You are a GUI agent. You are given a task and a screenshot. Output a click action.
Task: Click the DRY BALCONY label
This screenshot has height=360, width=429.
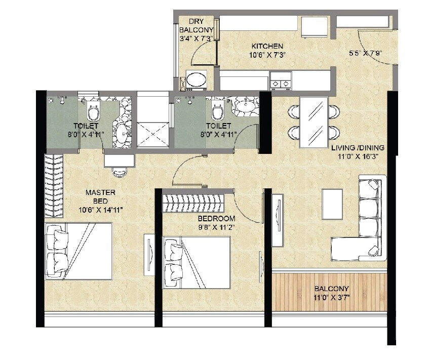coord(196,26)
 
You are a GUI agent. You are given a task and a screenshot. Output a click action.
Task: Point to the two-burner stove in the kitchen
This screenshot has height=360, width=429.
coord(281,79)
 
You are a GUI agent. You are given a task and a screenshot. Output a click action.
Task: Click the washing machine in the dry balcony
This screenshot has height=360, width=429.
coord(196,79)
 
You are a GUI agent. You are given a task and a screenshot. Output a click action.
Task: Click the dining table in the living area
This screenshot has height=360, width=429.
coord(314,122)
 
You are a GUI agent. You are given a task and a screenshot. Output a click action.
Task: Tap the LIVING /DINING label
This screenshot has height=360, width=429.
coord(358,148)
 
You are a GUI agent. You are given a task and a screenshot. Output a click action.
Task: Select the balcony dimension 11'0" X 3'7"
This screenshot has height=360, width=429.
coord(330,297)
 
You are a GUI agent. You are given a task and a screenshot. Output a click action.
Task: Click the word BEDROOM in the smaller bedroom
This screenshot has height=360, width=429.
coord(216,218)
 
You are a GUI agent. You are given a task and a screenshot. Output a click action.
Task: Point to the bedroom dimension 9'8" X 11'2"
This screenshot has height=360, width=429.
coord(216,227)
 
